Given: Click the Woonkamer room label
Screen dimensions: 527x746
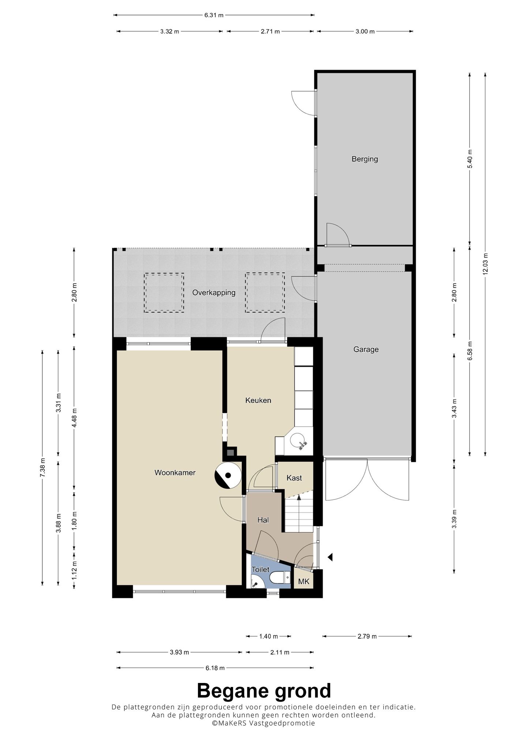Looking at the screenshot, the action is click(x=175, y=473).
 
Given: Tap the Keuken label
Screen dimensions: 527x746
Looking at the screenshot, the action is click(x=258, y=400).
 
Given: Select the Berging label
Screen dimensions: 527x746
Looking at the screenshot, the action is click(x=365, y=159).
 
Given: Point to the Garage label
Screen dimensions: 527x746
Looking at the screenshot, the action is click(x=366, y=349).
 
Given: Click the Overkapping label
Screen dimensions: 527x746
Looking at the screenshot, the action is click(x=214, y=293).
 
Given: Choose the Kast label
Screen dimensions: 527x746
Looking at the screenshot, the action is click(x=294, y=478).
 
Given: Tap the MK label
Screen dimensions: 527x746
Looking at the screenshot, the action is click(x=304, y=582).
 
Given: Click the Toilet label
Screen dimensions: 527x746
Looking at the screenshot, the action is click(x=260, y=569).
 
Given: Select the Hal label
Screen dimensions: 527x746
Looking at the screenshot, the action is click(x=263, y=520).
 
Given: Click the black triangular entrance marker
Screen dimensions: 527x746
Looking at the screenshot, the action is click(x=330, y=557).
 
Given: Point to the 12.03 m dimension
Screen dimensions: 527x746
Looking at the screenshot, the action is click(x=485, y=264).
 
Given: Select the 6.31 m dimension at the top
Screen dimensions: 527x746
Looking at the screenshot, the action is click(x=214, y=15).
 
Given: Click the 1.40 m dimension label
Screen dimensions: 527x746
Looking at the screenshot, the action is click(x=269, y=636).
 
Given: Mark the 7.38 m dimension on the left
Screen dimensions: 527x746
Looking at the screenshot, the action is click(x=42, y=468).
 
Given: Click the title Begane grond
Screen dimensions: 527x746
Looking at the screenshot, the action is click(x=264, y=691).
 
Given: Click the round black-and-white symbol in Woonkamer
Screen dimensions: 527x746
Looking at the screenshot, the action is click(x=228, y=475).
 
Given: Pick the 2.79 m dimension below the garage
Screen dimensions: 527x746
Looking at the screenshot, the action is click(x=367, y=636).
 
